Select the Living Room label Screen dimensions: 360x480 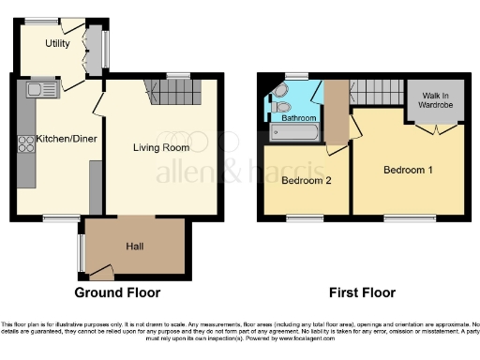coord(161,147)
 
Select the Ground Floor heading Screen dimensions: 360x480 coord(118,292)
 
